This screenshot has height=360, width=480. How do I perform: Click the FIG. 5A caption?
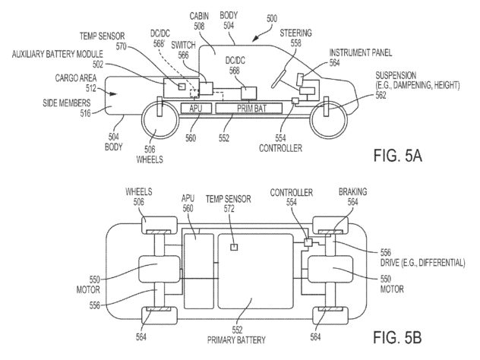(398, 155)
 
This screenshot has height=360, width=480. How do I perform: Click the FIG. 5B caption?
(398, 337)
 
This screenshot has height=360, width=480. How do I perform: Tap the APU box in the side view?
(196, 109)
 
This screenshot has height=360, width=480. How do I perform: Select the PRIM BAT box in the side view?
(249, 109)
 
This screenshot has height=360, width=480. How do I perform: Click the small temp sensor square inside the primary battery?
(234, 247)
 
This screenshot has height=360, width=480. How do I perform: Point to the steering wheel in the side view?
(279, 78)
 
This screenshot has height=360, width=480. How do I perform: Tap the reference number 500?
(272, 19)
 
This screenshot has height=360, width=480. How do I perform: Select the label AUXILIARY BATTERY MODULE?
(57, 54)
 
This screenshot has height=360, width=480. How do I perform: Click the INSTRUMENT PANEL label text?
(361, 52)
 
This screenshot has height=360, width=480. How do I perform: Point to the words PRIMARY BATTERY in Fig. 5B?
(236, 340)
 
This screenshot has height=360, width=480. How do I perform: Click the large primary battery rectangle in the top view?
(256, 271)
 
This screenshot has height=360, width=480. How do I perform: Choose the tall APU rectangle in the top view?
(198, 271)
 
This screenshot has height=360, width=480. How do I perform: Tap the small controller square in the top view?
(308, 242)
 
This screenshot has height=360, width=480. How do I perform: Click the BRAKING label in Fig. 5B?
(352, 192)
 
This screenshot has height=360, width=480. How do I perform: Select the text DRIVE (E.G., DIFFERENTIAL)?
(423, 263)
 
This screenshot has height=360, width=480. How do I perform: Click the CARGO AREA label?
(76, 78)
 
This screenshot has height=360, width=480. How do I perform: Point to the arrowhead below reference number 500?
(255, 39)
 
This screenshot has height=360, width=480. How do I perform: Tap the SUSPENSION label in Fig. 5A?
(396, 75)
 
